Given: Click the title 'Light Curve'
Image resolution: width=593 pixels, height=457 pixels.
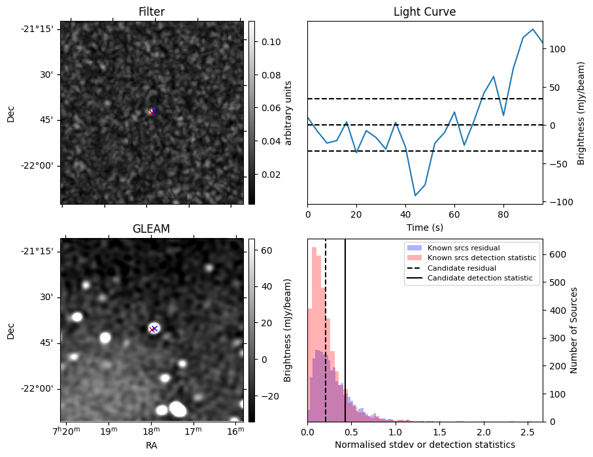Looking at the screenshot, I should pos(424,12).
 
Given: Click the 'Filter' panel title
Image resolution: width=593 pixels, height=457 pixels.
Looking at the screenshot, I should pos(151,12).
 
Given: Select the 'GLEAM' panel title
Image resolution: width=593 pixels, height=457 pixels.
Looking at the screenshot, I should pos(151,229).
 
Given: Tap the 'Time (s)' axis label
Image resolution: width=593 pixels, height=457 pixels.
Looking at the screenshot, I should pos(424,227).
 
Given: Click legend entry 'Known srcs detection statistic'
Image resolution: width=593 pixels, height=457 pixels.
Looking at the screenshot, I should pos(481,258).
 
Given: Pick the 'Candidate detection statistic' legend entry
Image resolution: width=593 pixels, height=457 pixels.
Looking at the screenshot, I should pos(479,279).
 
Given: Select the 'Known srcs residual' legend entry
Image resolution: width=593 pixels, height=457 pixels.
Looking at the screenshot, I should pos(463,248).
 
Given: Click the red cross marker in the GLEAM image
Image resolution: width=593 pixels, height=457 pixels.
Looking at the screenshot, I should pos(152,330).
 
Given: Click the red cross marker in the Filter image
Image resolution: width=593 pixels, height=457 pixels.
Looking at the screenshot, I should pos(152,112).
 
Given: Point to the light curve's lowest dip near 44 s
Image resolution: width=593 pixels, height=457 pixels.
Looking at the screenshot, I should pos(415,195).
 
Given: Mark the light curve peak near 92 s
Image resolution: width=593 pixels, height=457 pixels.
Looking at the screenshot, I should pos(533,29).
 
